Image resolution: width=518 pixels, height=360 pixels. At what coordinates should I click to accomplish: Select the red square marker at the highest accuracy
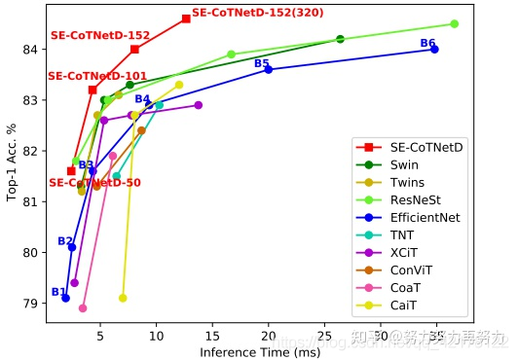[x=186, y=18]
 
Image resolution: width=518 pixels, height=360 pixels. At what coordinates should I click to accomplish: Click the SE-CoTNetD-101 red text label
[x=97, y=76]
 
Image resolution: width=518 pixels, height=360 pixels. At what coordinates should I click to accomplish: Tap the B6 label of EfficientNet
[x=427, y=43]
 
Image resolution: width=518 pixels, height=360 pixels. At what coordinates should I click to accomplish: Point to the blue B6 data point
[x=434, y=49]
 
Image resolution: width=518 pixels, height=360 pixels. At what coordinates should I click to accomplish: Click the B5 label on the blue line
[x=261, y=63]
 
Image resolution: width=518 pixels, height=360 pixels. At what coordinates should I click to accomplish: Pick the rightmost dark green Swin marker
[x=340, y=39]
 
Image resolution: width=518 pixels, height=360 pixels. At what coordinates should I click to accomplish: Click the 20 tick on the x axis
[x=268, y=337]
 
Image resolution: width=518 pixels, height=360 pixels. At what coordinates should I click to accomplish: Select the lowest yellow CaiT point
[x=123, y=298]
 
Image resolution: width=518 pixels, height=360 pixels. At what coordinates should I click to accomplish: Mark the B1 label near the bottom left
[x=58, y=292]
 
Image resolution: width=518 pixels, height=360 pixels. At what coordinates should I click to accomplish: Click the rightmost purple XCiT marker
[x=198, y=105]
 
